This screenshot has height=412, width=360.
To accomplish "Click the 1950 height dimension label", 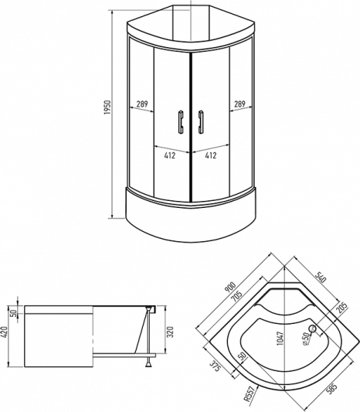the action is (107, 107).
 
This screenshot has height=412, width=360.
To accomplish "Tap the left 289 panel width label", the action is (142, 104).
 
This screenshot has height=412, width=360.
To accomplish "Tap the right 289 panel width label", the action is (239, 104).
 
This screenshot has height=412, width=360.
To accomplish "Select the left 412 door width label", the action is (170, 155).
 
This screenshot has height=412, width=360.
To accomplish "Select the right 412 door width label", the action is (211, 155).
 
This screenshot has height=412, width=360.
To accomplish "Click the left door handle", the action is (181, 122).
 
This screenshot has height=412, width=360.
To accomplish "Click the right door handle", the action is (201, 122).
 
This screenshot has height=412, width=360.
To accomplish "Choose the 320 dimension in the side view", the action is (171, 332).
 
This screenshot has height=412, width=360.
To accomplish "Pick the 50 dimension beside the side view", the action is (14, 313).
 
